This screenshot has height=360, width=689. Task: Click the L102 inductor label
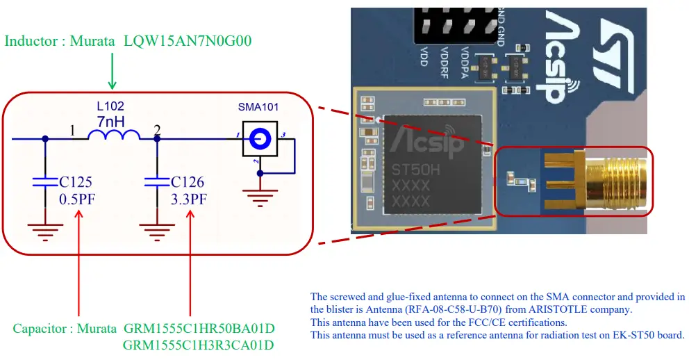pos(110,107)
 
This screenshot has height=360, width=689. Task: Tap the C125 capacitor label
pos(76,183)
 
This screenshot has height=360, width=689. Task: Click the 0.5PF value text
pos(78,199)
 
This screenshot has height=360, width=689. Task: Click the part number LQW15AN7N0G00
pos(188,41)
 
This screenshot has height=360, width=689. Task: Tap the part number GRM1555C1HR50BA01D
pos(199,327)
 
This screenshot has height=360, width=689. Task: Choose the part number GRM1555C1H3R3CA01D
pos(199,345)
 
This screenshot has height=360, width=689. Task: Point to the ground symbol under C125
pos(45,229)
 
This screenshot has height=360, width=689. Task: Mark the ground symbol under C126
pos(156,229)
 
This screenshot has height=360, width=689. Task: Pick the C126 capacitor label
pos(187,183)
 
